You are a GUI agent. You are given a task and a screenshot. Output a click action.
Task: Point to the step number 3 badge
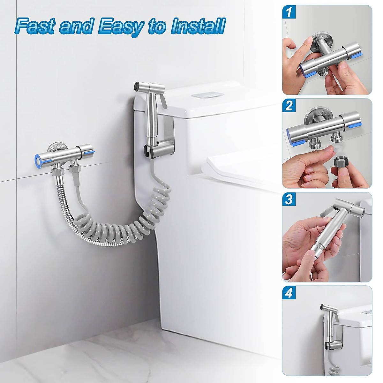tap(289, 199)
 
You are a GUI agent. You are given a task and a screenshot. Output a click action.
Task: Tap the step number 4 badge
tap(289, 293)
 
